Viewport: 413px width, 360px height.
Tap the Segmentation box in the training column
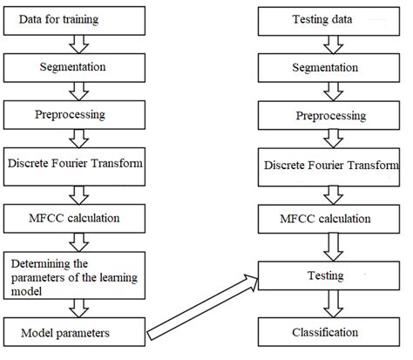pos(74,66)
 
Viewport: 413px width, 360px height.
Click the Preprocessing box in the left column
pos(74,113)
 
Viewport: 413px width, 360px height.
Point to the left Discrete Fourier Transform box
pos(74,163)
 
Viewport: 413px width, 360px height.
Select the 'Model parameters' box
pos(74,332)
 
